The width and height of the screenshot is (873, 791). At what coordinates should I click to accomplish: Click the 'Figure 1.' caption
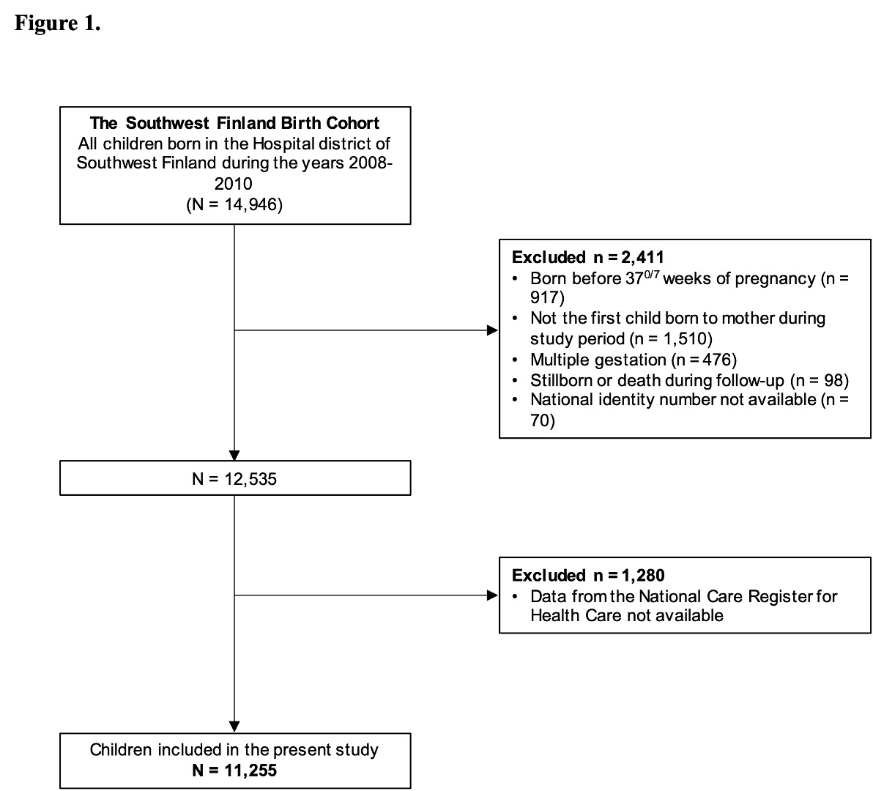tap(57, 23)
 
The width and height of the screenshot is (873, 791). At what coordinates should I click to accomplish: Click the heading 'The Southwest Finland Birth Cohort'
tap(234, 122)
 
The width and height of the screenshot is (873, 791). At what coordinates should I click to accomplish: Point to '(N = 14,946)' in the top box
tap(234, 205)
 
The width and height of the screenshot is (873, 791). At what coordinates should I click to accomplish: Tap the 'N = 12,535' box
tap(235, 478)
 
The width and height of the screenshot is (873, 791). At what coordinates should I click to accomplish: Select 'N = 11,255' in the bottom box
tap(234, 770)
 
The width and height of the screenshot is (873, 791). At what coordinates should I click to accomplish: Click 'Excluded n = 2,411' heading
tap(588, 257)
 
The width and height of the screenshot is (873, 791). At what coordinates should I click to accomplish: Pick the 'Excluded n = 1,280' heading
tap(588, 575)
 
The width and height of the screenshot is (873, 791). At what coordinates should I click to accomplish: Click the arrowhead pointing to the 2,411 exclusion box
tap(493, 330)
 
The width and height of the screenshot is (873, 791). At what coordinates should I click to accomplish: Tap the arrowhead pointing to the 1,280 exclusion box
tap(493, 595)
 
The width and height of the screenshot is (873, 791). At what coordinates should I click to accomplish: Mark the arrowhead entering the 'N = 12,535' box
tap(234, 456)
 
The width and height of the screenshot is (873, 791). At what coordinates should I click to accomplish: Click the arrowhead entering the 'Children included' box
tap(234, 727)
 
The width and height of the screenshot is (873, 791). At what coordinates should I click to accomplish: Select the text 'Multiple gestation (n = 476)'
tap(634, 360)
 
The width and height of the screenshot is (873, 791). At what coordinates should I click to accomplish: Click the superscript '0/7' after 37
tap(652, 274)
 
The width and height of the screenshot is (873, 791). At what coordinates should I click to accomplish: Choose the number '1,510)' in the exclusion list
tap(688, 339)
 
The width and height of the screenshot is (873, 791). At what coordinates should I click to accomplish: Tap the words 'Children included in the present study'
tap(234, 750)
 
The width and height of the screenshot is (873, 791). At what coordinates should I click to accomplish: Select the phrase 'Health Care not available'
tap(627, 616)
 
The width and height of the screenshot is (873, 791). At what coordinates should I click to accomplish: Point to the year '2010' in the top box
tap(234, 184)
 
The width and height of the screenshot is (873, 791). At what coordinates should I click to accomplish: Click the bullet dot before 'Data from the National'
tap(516, 597)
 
